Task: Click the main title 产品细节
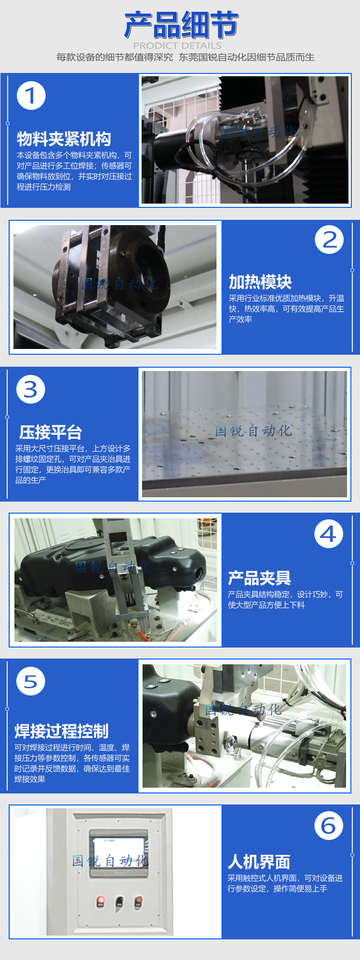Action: click(181, 25)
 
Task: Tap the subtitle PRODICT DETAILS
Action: click(177, 46)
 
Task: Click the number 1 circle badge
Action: click(31, 96)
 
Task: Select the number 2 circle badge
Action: click(329, 240)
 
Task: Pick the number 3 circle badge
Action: click(31, 389)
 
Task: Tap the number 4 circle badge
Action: click(329, 534)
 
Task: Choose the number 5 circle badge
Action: click(31, 681)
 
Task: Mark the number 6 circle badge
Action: click(329, 826)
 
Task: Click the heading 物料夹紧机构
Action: click(64, 139)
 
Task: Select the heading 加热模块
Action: click(260, 282)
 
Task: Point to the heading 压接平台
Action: click(50, 432)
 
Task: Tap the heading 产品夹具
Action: click(259, 578)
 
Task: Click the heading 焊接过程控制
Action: click(61, 731)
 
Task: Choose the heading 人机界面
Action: click(259, 862)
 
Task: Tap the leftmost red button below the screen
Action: click(101, 901)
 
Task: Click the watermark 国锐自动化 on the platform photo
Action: click(253, 431)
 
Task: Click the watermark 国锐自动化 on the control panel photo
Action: click(110, 861)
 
